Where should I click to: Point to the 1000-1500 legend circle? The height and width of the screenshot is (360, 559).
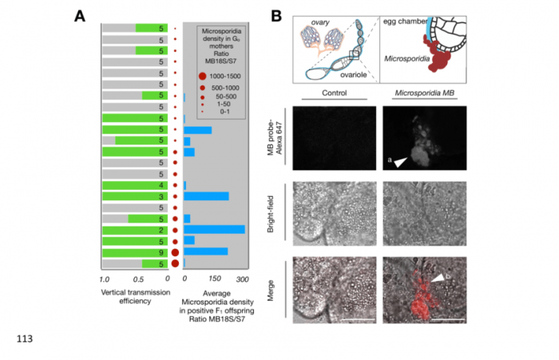coord(204,73)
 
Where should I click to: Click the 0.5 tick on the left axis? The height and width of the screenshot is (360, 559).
coord(137,279)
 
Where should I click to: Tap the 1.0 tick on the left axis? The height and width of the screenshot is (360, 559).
coord(104,279)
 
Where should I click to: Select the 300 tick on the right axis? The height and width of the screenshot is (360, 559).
coord(243,279)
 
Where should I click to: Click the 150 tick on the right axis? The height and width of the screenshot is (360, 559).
coord(214,279)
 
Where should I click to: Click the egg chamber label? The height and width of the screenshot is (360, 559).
coord(405,18)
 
